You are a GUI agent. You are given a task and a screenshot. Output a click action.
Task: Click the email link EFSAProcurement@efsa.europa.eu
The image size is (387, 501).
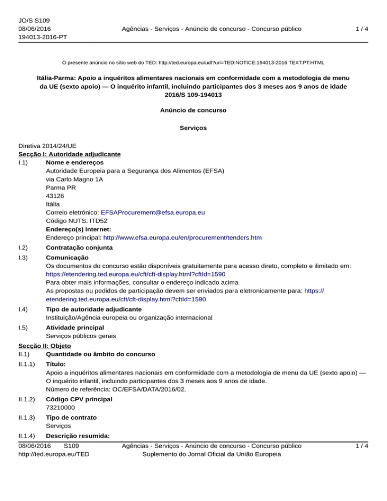(153, 213)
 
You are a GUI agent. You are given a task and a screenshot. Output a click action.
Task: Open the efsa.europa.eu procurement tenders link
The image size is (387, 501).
(182, 237)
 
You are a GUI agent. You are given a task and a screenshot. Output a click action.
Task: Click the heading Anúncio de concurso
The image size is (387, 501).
(193, 109)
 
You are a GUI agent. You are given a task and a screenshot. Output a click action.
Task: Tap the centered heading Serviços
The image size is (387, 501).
(193, 128)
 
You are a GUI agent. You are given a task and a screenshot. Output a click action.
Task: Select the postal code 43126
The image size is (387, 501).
(54, 196)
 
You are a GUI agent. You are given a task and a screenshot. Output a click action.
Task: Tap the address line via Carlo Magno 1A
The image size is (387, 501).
(74, 179)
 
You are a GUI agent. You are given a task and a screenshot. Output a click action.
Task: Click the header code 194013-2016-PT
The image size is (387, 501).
(43, 37)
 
